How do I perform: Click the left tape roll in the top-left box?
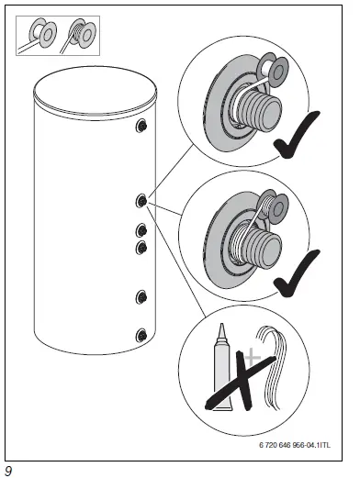[x=42, y=37]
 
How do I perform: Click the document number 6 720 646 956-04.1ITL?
[x=293, y=446]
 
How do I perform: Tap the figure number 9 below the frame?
[x=8, y=471]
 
